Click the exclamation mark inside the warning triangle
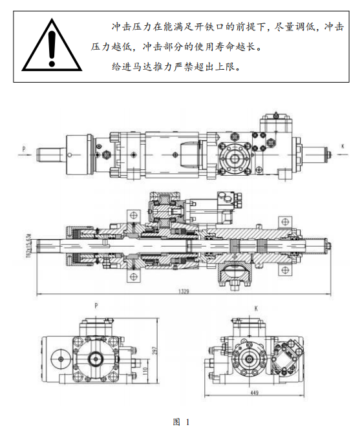(x=52, y=48)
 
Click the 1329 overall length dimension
(x=184, y=291)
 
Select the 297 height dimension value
(x=155, y=351)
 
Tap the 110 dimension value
(x=145, y=371)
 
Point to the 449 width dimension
(x=255, y=393)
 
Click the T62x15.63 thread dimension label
(x=29, y=246)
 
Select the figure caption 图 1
(x=181, y=422)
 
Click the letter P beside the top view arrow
(x=24, y=149)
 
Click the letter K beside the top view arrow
(x=343, y=147)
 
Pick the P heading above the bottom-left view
(x=96, y=306)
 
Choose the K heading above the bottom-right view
(x=256, y=308)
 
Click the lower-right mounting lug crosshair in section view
(x=285, y=270)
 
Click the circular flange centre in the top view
(x=235, y=159)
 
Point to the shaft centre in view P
(x=96, y=359)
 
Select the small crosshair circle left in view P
(x=60, y=359)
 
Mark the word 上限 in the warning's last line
(x=225, y=67)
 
